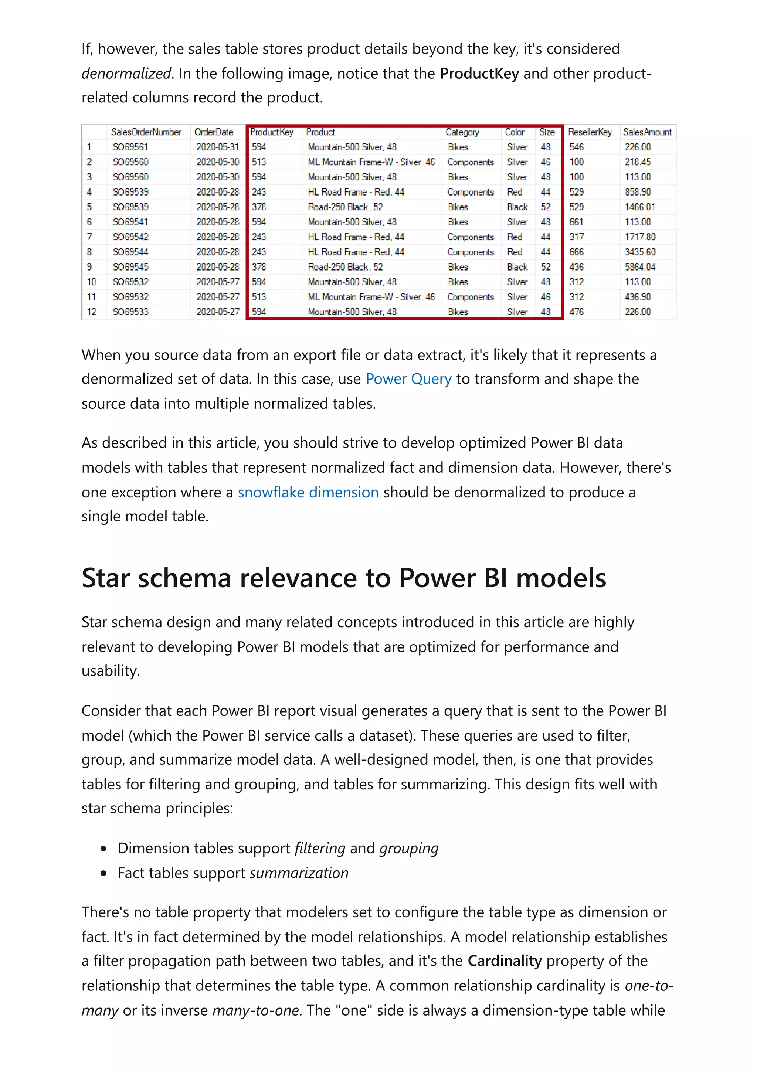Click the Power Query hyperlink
tap(408, 379)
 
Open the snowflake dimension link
tap(308, 492)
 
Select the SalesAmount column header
tap(647, 132)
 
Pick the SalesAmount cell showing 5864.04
tap(639, 267)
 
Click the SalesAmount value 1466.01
tap(639, 207)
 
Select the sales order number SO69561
tap(130, 147)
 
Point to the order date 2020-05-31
tap(217, 147)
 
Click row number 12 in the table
tap(91, 312)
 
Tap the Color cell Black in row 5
tap(517, 207)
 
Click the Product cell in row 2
tap(371, 162)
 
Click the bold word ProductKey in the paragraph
tap(479, 74)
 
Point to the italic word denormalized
tap(126, 74)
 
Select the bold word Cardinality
tap(504, 960)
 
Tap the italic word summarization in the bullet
tap(299, 873)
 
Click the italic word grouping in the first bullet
tap(408, 848)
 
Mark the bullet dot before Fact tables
tap(103, 873)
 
